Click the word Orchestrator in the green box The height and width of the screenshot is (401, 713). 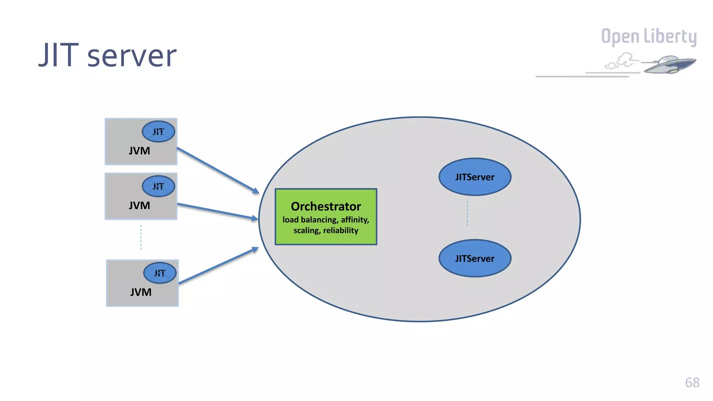pos(326,206)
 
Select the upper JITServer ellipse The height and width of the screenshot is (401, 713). pos(475,177)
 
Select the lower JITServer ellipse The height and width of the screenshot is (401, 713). pos(475,258)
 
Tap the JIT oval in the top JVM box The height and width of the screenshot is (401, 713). pos(158,132)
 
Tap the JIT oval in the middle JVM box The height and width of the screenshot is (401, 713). pos(158,186)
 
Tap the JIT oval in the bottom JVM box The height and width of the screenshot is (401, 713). pos(160,273)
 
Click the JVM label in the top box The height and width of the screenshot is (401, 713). pos(139,151)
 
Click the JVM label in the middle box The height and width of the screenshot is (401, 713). pos(139,205)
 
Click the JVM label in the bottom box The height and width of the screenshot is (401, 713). pos(141,292)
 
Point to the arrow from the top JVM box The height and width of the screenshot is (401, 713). pos(218,170)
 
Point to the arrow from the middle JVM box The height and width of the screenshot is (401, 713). pos(218,211)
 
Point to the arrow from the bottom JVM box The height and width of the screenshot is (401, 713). pos(219,266)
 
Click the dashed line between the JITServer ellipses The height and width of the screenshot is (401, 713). pos(467,214)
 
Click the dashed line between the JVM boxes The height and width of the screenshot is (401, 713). pos(141,238)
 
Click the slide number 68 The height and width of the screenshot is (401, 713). pos(692,383)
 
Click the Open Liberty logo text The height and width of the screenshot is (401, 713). pos(649,37)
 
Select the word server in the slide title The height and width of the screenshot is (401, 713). pos(132,56)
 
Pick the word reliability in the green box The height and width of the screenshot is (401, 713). pos(340,230)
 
